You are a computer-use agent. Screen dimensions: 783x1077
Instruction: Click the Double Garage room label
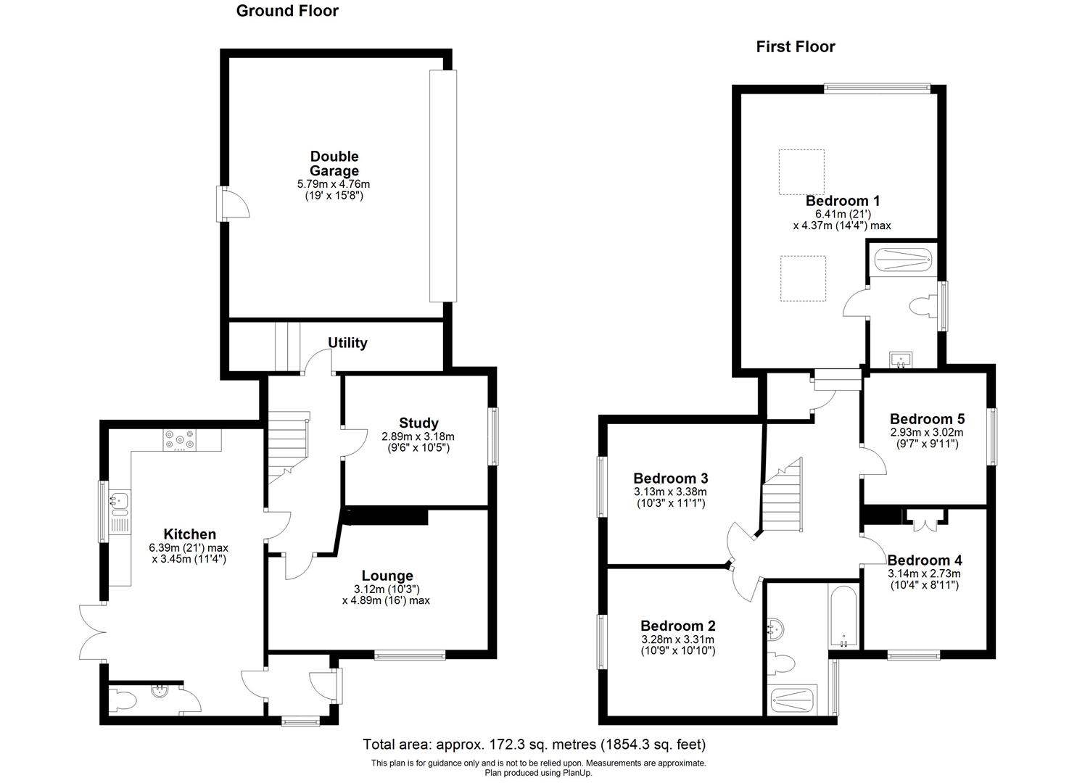(x=334, y=164)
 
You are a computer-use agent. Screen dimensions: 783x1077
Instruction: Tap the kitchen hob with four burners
(x=179, y=439)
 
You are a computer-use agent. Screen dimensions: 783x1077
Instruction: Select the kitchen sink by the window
(x=120, y=500)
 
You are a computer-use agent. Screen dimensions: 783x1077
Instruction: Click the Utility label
(x=347, y=343)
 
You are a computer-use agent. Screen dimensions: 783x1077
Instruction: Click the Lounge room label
(x=388, y=576)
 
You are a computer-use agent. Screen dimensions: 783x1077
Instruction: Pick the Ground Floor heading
(x=287, y=11)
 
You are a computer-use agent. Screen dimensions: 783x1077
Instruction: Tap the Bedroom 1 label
(x=842, y=201)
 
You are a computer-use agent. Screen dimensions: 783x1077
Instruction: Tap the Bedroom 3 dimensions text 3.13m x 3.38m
(x=670, y=492)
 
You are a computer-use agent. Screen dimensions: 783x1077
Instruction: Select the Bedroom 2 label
(x=677, y=626)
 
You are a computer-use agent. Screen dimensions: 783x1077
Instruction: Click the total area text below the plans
(x=534, y=745)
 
